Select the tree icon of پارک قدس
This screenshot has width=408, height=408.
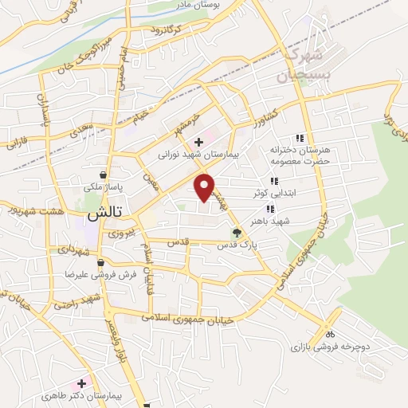[x=236, y=233]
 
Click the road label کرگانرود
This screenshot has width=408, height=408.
[x=166, y=31]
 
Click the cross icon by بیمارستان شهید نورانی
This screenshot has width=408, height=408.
[x=198, y=143]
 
